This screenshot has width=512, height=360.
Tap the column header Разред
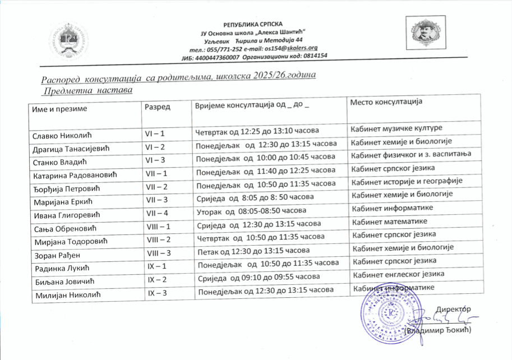pyautogui.click(x=158, y=107)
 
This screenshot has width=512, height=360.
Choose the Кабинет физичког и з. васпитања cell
pyautogui.click(x=410, y=154)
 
